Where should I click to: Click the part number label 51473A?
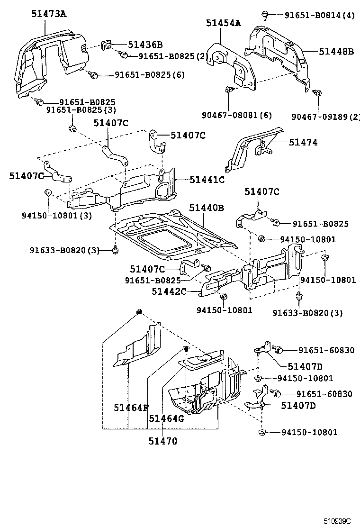49,14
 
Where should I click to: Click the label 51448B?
336,51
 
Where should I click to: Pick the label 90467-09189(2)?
325,116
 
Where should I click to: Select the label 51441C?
207,180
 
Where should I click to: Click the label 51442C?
169,292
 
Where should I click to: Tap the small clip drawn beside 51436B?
107,45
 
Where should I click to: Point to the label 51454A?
223,23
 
